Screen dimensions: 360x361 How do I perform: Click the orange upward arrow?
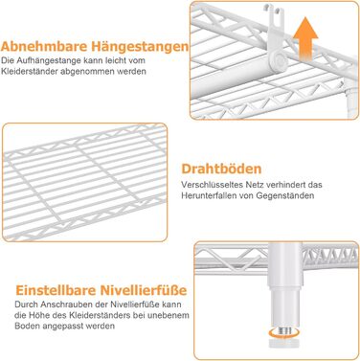point(305,39)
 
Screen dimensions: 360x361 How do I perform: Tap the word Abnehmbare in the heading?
point(44,47)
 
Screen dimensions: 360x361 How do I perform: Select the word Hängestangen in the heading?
point(140,47)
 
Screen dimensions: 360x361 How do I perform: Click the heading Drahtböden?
point(221,169)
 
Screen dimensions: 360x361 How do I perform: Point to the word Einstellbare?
point(56,290)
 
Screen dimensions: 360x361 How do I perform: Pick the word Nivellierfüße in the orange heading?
point(144,290)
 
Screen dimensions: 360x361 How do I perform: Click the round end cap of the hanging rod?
point(280,59)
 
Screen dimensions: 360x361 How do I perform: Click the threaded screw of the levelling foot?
point(284,331)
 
